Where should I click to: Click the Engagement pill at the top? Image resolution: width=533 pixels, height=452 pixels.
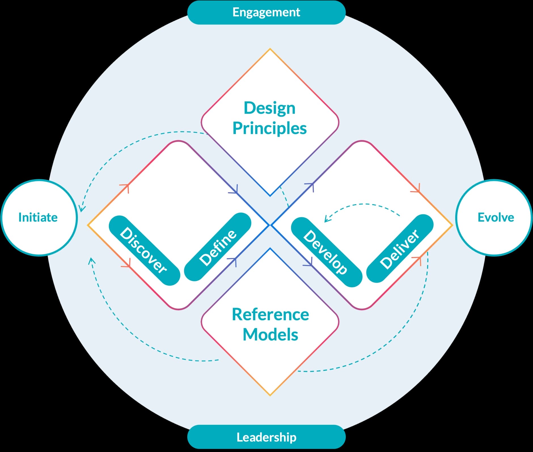266,12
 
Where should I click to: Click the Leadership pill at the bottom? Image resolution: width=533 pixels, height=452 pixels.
266,437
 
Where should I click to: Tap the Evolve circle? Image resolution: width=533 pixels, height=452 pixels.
495,218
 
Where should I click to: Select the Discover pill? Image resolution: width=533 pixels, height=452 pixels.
144,250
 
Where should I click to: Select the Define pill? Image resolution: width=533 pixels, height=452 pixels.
218,247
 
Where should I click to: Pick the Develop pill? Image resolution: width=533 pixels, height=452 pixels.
327,252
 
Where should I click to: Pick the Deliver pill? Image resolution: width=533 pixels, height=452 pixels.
400,248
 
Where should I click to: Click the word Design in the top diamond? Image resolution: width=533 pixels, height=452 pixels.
269,108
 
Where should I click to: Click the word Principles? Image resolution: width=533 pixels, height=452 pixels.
269,128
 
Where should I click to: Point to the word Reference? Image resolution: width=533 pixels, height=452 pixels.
270,315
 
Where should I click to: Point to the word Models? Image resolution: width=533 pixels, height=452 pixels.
270,335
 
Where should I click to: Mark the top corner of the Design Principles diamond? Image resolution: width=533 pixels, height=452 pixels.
270,49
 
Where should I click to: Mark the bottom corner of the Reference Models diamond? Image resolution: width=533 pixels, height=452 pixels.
270,395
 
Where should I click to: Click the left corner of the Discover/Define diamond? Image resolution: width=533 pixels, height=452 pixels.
88,225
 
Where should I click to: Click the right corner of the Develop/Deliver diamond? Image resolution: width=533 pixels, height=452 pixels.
452,225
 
